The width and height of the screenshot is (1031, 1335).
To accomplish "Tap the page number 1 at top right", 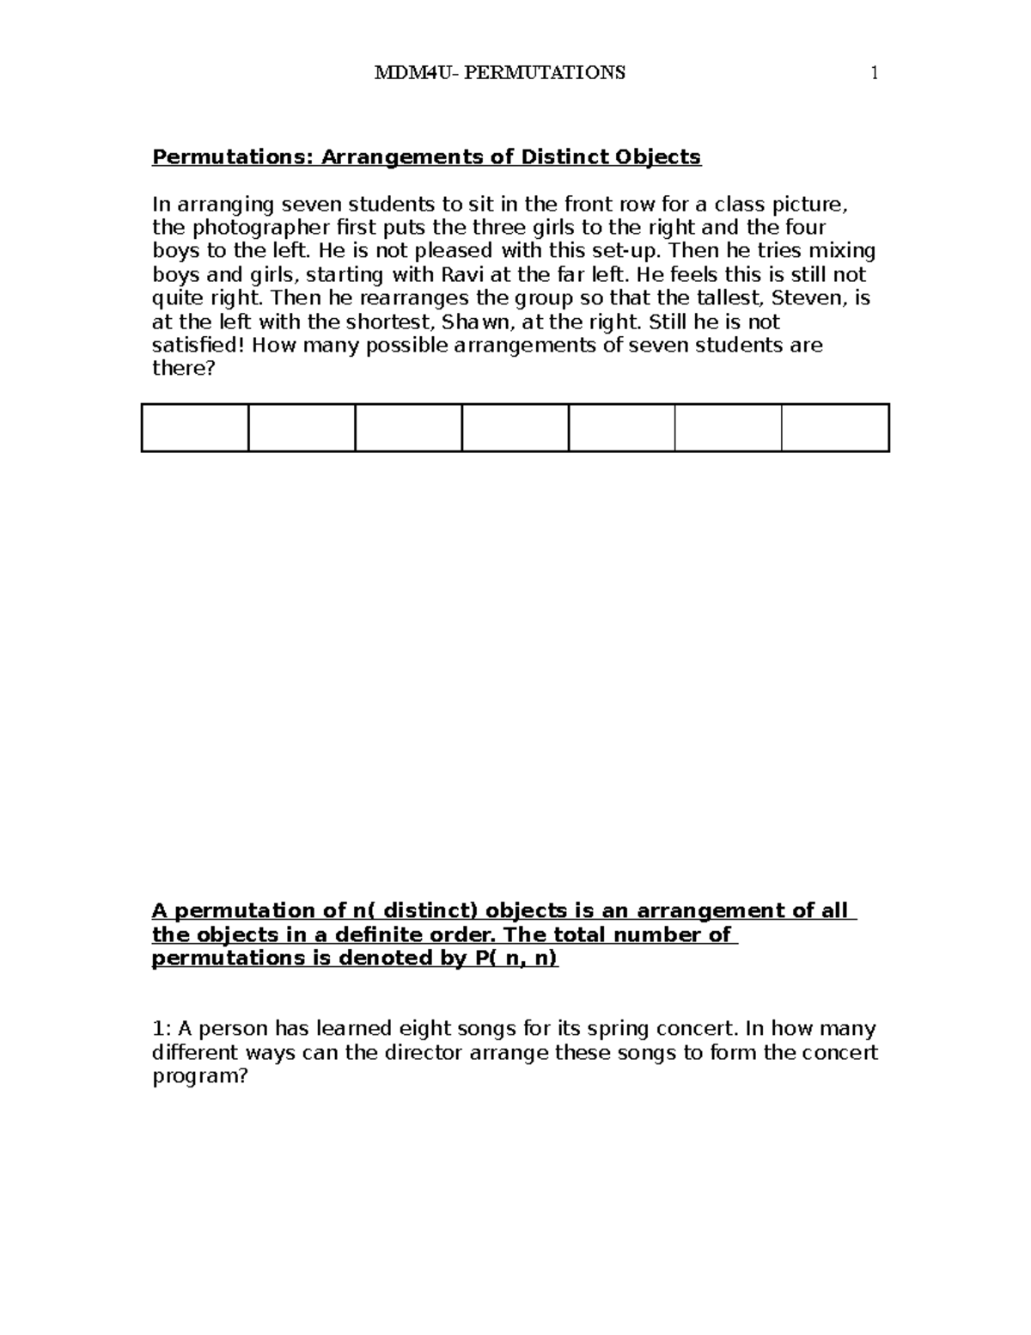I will [x=875, y=73].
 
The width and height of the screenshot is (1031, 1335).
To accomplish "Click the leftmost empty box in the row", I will [x=195, y=427].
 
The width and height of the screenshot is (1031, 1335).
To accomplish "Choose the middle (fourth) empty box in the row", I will [x=515, y=427].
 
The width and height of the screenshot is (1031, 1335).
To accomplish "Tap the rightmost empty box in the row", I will [x=835, y=427].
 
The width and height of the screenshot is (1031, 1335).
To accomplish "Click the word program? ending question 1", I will [x=199, y=1076].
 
